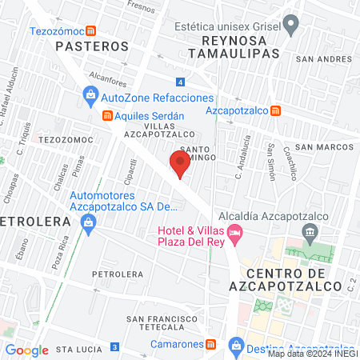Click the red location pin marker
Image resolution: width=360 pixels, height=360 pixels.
click(x=180, y=164)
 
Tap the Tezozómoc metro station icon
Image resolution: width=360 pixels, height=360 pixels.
click(x=92, y=31)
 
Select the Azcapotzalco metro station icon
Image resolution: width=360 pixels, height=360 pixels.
click(x=275, y=110)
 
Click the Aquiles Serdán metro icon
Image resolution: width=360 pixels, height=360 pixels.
click(x=106, y=115)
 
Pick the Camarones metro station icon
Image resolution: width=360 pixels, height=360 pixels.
click(x=210, y=345)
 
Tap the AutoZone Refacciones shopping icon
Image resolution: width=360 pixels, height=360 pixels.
click(x=91, y=98)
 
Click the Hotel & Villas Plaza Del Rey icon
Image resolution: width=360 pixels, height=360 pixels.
click(x=234, y=234)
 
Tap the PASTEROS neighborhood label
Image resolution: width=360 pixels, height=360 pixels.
click(x=92, y=46)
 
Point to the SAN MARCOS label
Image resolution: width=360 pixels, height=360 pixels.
click(x=323, y=147)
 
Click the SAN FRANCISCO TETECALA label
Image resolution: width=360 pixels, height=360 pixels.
click(x=162, y=324)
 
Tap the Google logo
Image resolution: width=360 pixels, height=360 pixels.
click(x=26, y=350)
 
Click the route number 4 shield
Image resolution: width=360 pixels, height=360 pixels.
click(x=182, y=82)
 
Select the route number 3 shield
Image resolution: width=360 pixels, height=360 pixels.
click(x=114, y=346)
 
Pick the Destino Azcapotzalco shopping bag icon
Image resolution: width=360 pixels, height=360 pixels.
click(x=236, y=345)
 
